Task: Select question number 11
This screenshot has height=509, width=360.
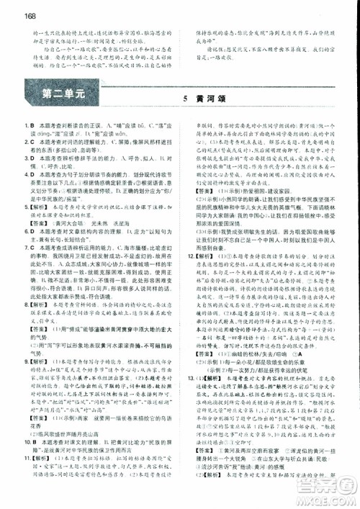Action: tap(25, 456)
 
